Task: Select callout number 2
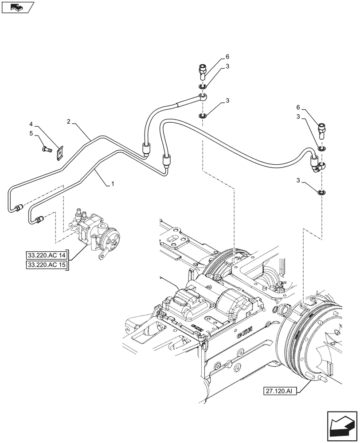(69, 121)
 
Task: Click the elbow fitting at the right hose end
(320, 166)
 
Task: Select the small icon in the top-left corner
(17, 7)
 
